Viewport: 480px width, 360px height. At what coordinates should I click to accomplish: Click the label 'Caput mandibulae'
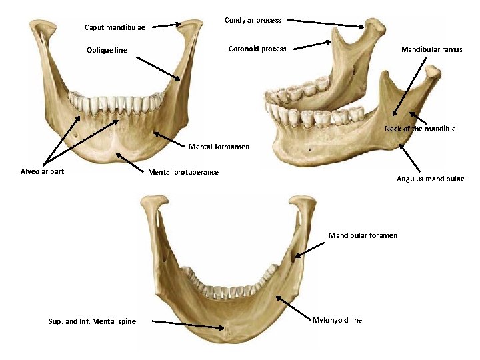(x=115, y=28)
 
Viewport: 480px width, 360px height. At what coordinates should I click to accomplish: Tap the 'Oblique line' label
(x=107, y=51)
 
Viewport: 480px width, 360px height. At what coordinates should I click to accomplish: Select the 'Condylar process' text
(x=253, y=21)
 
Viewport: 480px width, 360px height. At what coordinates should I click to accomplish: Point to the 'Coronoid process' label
(x=257, y=49)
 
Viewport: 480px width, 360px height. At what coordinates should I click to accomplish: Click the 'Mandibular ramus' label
(x=431, y=49)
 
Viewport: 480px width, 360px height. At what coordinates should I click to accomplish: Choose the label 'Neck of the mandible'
(x=420, y=129)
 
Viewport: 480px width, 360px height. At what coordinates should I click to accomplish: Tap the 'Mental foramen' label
(x=219, y=147)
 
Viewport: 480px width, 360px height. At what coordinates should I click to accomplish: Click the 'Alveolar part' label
(x=43, y=171)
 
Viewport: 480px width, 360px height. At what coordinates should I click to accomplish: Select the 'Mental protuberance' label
(x=183, y=173)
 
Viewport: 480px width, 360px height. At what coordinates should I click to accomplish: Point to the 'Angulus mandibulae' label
(x=431, y=179)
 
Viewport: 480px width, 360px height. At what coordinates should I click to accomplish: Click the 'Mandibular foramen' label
(x=363, y=235)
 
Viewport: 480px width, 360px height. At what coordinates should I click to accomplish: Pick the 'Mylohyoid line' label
(x=337, y=320)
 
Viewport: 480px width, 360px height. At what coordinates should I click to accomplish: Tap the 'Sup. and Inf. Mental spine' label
(x=92, y=322)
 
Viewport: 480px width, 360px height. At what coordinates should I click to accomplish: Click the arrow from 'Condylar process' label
(x=327, y=23)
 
